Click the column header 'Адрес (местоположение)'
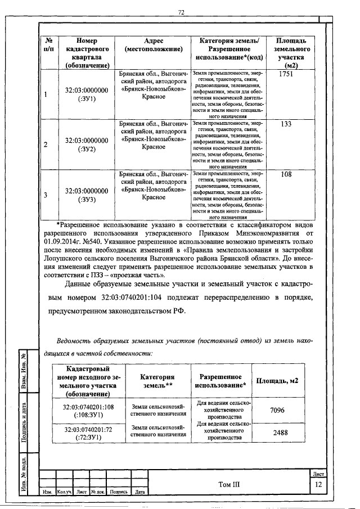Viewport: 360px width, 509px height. [x=153, y=45]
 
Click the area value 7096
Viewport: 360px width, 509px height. [x=277, y=411]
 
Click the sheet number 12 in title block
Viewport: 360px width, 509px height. [x=318, y=485]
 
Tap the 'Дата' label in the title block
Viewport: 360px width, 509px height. [x=140, y=492]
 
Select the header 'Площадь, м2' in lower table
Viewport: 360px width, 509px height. [x=277, y=381]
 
